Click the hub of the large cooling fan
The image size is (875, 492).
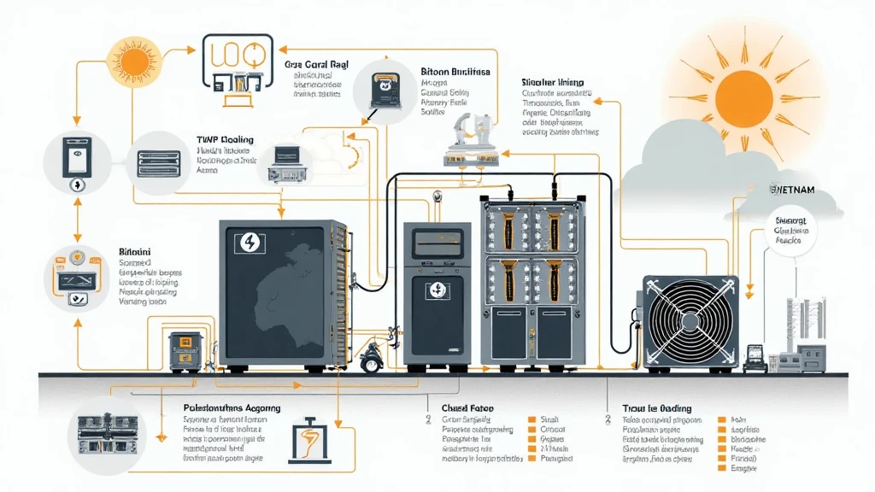coord(690,319)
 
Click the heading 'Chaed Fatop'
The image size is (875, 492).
coord(467,408)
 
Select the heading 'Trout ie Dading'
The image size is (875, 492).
coord(656,408)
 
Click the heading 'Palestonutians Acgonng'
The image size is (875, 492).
coord(232,409)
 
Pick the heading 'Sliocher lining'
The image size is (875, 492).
coord(552,83)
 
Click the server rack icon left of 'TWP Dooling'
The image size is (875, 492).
coord(156,163)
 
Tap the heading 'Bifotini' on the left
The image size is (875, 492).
coord(135,254)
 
